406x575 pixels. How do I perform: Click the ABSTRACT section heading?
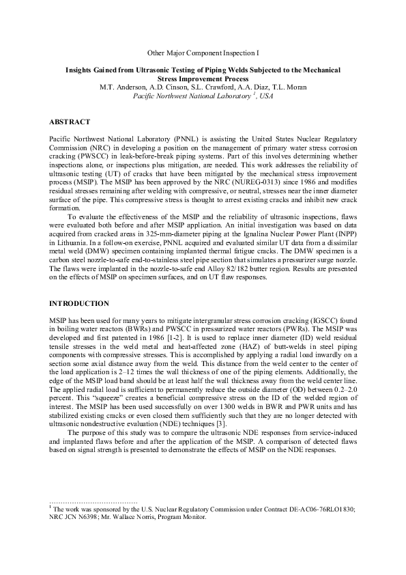coord(70,122)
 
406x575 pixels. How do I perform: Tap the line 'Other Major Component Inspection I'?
coord(203,53)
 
